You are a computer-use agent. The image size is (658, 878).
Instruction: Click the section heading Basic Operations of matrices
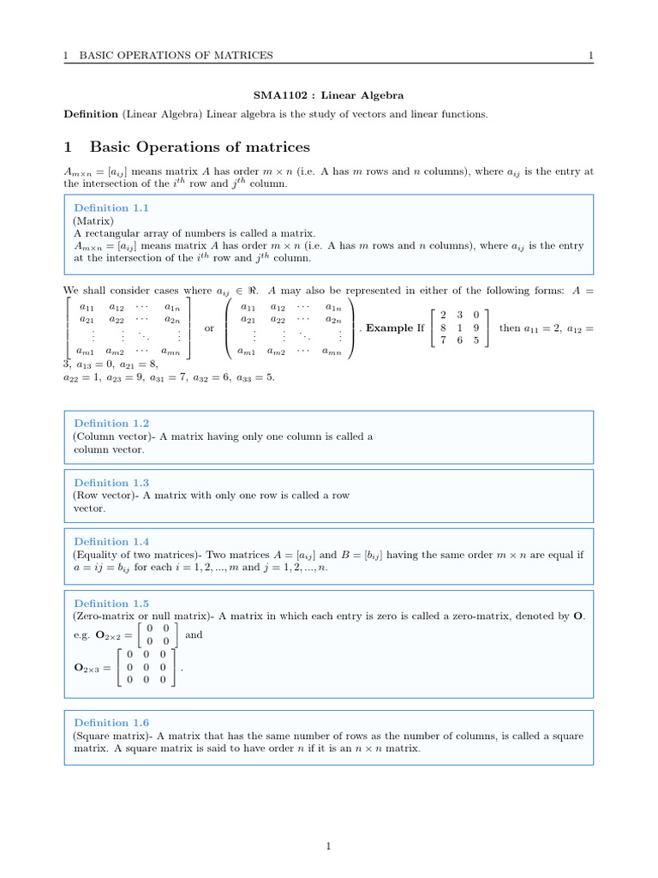pyautogui.click(x=200, y=147)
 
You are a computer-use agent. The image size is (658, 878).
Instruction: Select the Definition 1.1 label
pyautogui.click(x=111, y=207)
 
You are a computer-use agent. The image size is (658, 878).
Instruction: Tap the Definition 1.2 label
pyautogui.click(x=111, y=424)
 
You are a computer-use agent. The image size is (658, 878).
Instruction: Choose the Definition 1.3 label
pyautogui.click(x=111, y=483)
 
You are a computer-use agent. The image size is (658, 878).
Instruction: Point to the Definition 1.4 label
pyautogui.click(x=111, y=541)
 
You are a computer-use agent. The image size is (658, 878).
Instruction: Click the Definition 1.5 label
pyautogui.click(x=111, y=604)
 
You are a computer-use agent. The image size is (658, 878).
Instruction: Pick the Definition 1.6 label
pyautogui.click(x=111, y=723)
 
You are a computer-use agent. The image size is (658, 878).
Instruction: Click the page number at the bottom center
pyautogui.click(x=328, y=847)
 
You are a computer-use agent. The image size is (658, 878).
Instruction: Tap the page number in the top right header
pyautogui.click(x=590, y=56)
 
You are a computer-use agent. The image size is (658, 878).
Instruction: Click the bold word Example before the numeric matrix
pyautogui.click(x=390, y=328)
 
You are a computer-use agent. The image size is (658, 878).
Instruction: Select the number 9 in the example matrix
pyautogui.click(x=476, y=328)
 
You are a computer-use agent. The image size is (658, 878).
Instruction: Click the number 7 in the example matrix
pyautogui.click(x=443, y=340)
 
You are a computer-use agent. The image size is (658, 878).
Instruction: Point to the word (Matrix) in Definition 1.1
pyautogui.click(x=93, y=220)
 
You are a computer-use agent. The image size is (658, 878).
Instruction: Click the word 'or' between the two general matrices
pyautogui.click(x=209, y=328)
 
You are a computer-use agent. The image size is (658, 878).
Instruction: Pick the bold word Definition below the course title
pyautogui.click(x=91, y=114)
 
